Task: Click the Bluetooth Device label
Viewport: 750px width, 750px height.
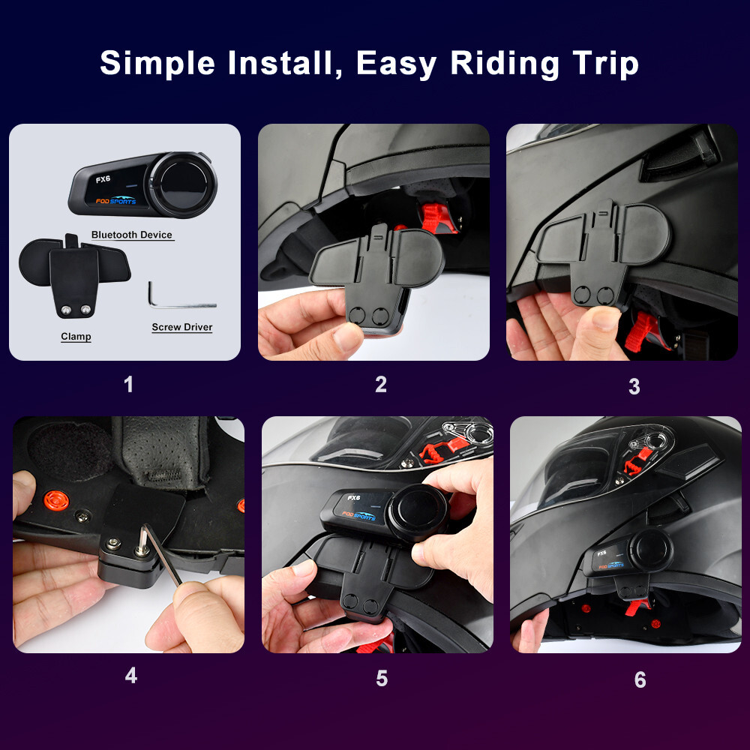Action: pyautogui.click(x=132, y=235)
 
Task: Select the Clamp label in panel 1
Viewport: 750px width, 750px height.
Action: pyautogui.click(x=76, y=337)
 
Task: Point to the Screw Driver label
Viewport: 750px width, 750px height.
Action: pyautogui.click(x=181, y=327)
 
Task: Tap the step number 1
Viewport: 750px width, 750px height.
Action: pyautogui.click(x=128, y=385)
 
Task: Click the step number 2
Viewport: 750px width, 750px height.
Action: pyautogui.click(x=381, y=385)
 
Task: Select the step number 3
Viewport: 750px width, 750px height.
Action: pyautogui.click(x=634, y=386)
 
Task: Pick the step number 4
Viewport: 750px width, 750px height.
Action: pyautogui.click(x=131, y=676)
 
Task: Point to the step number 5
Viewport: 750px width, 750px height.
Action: pyautogui.click(x=382, y=679)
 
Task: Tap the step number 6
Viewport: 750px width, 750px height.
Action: pyautogui.click(x=640, y=679)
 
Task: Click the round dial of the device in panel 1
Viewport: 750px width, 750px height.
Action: pyautogui.click(x=182, y=184)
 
